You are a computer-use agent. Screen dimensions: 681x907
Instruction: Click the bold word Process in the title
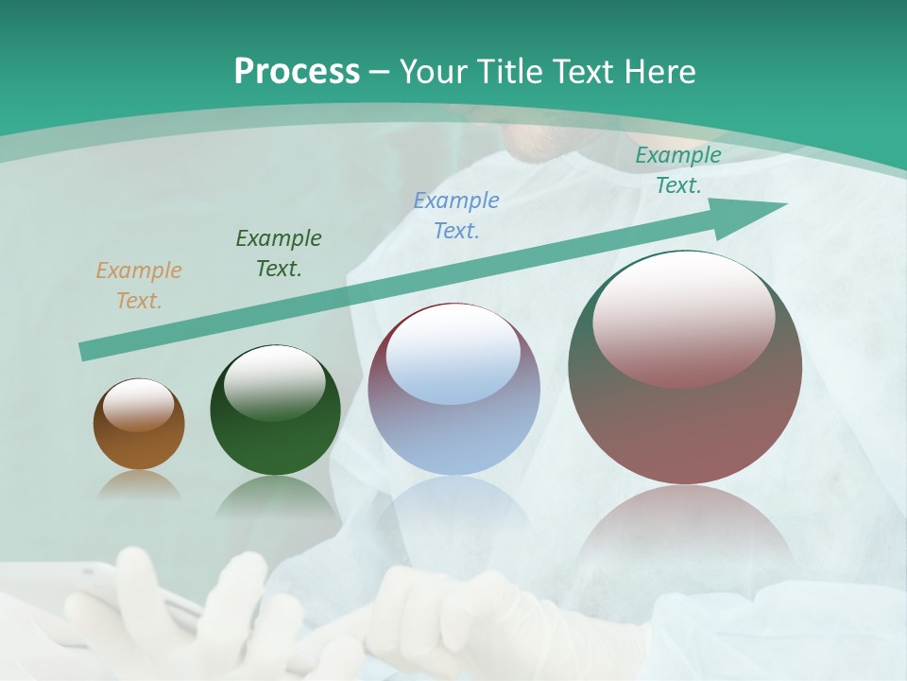(x=297, y=72)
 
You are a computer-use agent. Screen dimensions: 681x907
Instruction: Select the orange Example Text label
(x=138, y=286)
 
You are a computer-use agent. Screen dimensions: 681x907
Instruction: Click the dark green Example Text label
(x=279, y=253)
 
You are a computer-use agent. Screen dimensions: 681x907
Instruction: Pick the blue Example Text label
(x=456, y=216)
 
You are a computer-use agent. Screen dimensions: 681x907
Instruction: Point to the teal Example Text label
(x=678, y=170)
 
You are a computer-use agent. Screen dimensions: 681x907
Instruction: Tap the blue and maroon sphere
(x=453, y=426)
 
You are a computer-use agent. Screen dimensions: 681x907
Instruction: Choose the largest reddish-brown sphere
(x=685, y=416)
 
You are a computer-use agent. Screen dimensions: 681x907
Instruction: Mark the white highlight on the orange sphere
(x=138, y=405)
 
